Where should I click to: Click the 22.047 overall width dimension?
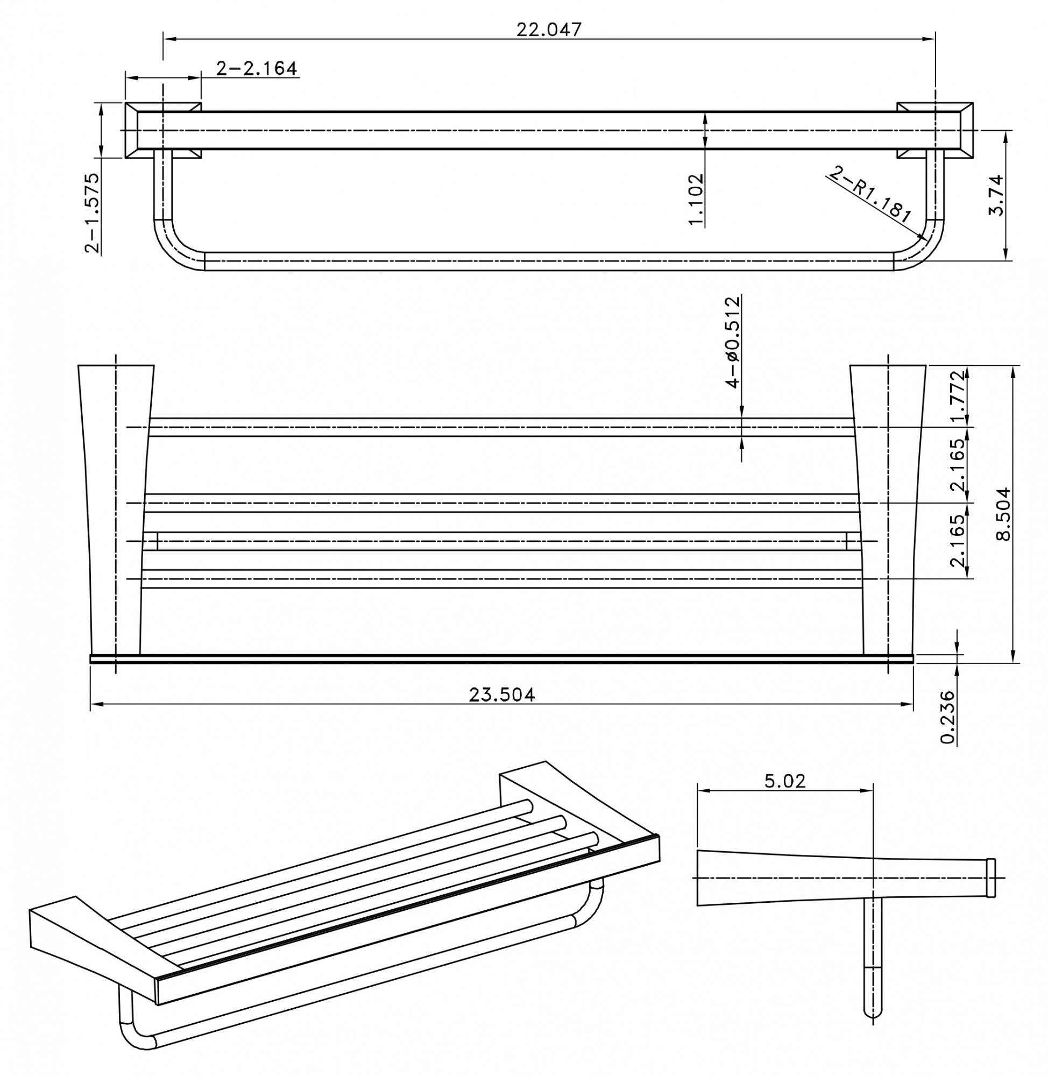tap(548, 29)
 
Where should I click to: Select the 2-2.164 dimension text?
tap(257, 69)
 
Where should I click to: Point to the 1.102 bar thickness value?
tap(696, 199)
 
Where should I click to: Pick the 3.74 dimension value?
tap(997, 195)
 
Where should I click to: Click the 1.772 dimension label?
tap(958, 397)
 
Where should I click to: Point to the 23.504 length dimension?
tap(501, 695)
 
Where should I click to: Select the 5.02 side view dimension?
tap(784, 781)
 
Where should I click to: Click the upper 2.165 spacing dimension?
tap(958, 465)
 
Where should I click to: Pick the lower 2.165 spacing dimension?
tap(958, 541)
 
